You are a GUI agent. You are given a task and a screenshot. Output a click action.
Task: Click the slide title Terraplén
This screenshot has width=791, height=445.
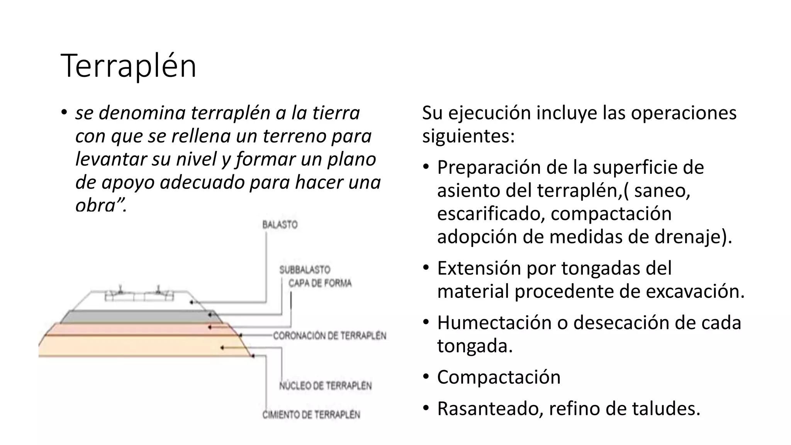click(x=129, y=66)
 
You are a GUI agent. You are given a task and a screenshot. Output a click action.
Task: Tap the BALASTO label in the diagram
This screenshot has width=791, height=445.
click(x=280, y=225)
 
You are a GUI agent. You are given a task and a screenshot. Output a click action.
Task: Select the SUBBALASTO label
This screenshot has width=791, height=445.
click(x=305, y=270)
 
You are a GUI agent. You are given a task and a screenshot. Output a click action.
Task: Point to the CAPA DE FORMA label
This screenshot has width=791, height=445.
click(x=320, y=283)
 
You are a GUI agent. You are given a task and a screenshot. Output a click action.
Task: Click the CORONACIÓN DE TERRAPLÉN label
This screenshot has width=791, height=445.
click(x=329, y=336)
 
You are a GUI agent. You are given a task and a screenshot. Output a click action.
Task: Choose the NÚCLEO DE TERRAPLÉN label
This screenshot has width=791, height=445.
click(x=326, y=386)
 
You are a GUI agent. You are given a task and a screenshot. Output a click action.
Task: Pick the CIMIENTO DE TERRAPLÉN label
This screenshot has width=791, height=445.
click(x=311, y=414)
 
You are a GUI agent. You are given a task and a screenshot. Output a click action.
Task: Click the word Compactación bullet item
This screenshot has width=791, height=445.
click(x=499, y=377)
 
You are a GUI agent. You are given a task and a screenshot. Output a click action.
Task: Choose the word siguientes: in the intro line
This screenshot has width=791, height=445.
click(x=468, y=136)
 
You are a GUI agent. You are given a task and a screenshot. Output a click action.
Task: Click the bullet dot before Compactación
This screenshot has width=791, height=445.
click(x=426, y=377)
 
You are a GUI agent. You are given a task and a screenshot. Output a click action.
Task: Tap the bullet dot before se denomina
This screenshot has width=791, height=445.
click(x=64, y=113)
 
